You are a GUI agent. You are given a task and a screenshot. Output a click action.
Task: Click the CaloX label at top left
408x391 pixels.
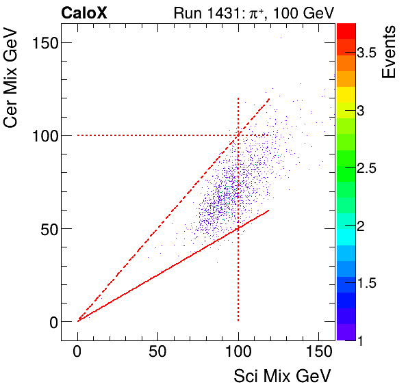click(86, 12)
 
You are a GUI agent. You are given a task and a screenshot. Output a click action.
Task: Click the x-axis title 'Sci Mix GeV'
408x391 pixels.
click(283, 375)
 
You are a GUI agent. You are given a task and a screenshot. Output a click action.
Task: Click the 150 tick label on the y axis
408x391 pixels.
click(43, 42)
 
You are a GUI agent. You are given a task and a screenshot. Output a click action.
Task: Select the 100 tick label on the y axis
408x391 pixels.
click(43, 135)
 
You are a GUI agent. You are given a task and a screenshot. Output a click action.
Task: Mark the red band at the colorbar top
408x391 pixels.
click(346, 29)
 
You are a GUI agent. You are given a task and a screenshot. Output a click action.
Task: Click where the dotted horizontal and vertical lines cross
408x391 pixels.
click(238, 135)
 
